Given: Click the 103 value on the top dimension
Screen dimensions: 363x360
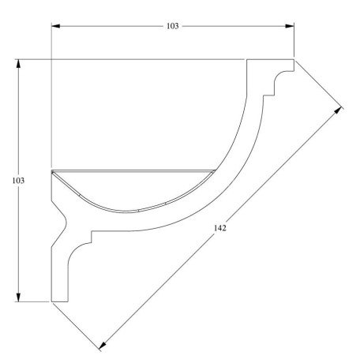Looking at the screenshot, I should (x=173, y=26).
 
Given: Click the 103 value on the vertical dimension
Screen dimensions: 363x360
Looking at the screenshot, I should (x=18, y=181).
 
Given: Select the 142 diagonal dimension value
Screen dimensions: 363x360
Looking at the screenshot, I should (x=221, y=229).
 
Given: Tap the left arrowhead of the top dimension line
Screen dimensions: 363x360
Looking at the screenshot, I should (x=54, y=26).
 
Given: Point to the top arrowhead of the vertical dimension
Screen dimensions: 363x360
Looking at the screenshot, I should (x=18, y=62).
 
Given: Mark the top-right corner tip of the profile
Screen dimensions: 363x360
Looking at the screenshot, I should (x=294, y=59).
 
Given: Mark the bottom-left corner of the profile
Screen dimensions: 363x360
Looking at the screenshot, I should (x=51, y=301).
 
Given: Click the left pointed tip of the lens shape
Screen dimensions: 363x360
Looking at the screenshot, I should (x=52, y=171).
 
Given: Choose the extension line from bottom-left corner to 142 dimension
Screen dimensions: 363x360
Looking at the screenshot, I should (x=77, y=325).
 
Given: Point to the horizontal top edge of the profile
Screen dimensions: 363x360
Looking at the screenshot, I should (x=150, y=59).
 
